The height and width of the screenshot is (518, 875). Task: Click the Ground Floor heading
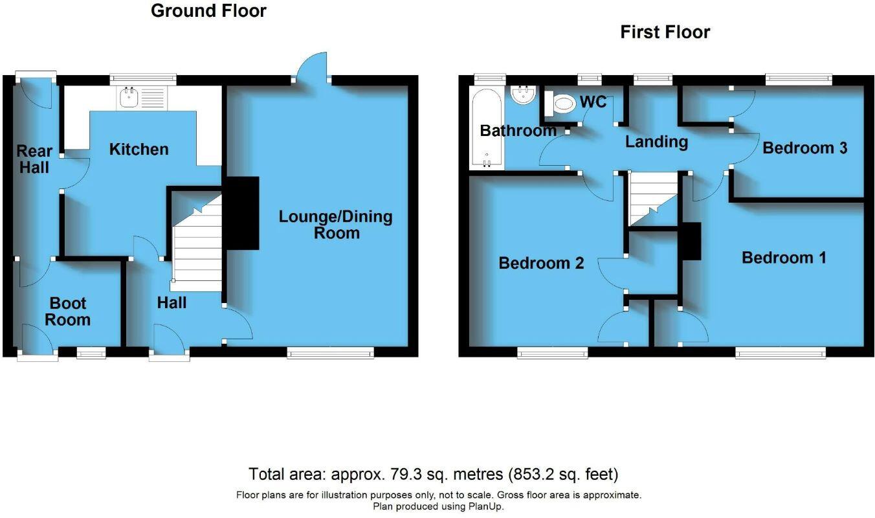click(x=208, y=11)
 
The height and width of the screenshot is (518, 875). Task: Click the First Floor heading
click(x=665, y=32)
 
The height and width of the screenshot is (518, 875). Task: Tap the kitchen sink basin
click(x=129, y=97)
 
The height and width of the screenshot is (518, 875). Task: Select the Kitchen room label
click(x=138, y=150)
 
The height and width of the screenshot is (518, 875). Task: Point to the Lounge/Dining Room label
click(x=335, y=225)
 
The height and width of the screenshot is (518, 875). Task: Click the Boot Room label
click(x=67, y=311)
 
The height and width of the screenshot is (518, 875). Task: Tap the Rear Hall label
click(x=34, y=159)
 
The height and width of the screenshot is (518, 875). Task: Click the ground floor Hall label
click(x=172, y=302)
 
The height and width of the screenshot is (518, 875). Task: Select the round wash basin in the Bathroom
click(x=524, y=95)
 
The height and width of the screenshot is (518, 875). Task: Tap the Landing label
click(x=657, y=142)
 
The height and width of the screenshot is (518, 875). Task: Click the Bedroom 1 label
click(x=784, y=258)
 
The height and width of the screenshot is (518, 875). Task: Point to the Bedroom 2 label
click(x=541, y=263)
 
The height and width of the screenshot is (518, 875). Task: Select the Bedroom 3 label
click(x=804, y=148)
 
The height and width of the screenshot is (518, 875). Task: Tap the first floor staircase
click(x=653, y=199)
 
